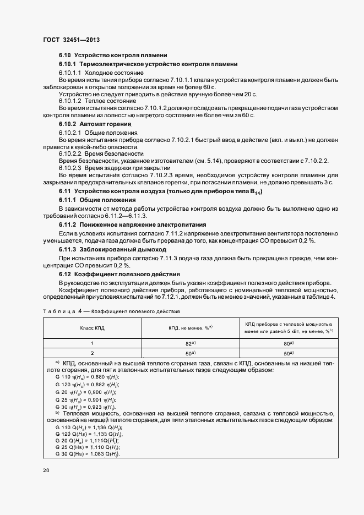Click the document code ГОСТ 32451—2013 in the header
point(71,40)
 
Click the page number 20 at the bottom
point(46,470)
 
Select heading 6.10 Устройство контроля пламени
point(113,56)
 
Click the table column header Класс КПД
point(92,327)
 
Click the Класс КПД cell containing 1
point(92,343)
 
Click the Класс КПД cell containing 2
point(92,353)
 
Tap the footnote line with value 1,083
point(88,453)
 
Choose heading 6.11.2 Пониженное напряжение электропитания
point(133,224)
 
